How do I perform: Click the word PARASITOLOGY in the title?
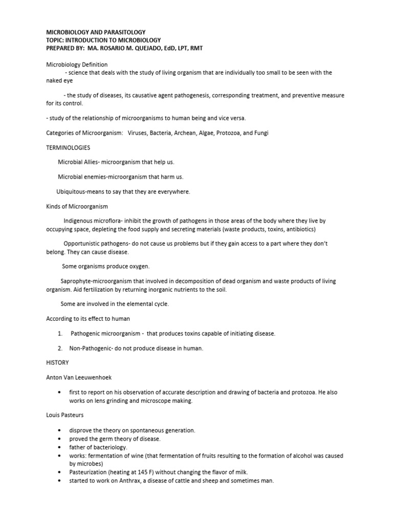(123, 32)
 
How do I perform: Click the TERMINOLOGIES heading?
(68, 147)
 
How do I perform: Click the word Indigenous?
(81, 221)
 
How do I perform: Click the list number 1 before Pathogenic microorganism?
(60, 334)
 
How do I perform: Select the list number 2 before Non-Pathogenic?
(60, 348)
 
